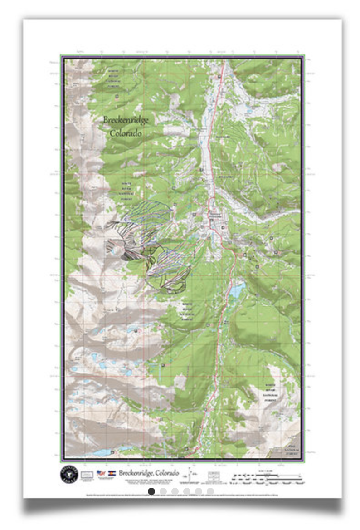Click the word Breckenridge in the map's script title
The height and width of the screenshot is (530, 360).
coord(126,120)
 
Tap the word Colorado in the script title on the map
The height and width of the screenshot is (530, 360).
coord(126,133)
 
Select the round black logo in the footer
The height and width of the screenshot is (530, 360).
coord(69,473)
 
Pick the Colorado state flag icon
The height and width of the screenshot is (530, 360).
coord(112,473)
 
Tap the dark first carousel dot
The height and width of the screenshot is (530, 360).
coord(151,491)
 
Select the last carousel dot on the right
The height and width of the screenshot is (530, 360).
coord(210,491)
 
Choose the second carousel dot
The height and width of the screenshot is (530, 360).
coord(163,491)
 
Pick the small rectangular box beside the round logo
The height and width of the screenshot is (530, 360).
coord(87,474)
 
